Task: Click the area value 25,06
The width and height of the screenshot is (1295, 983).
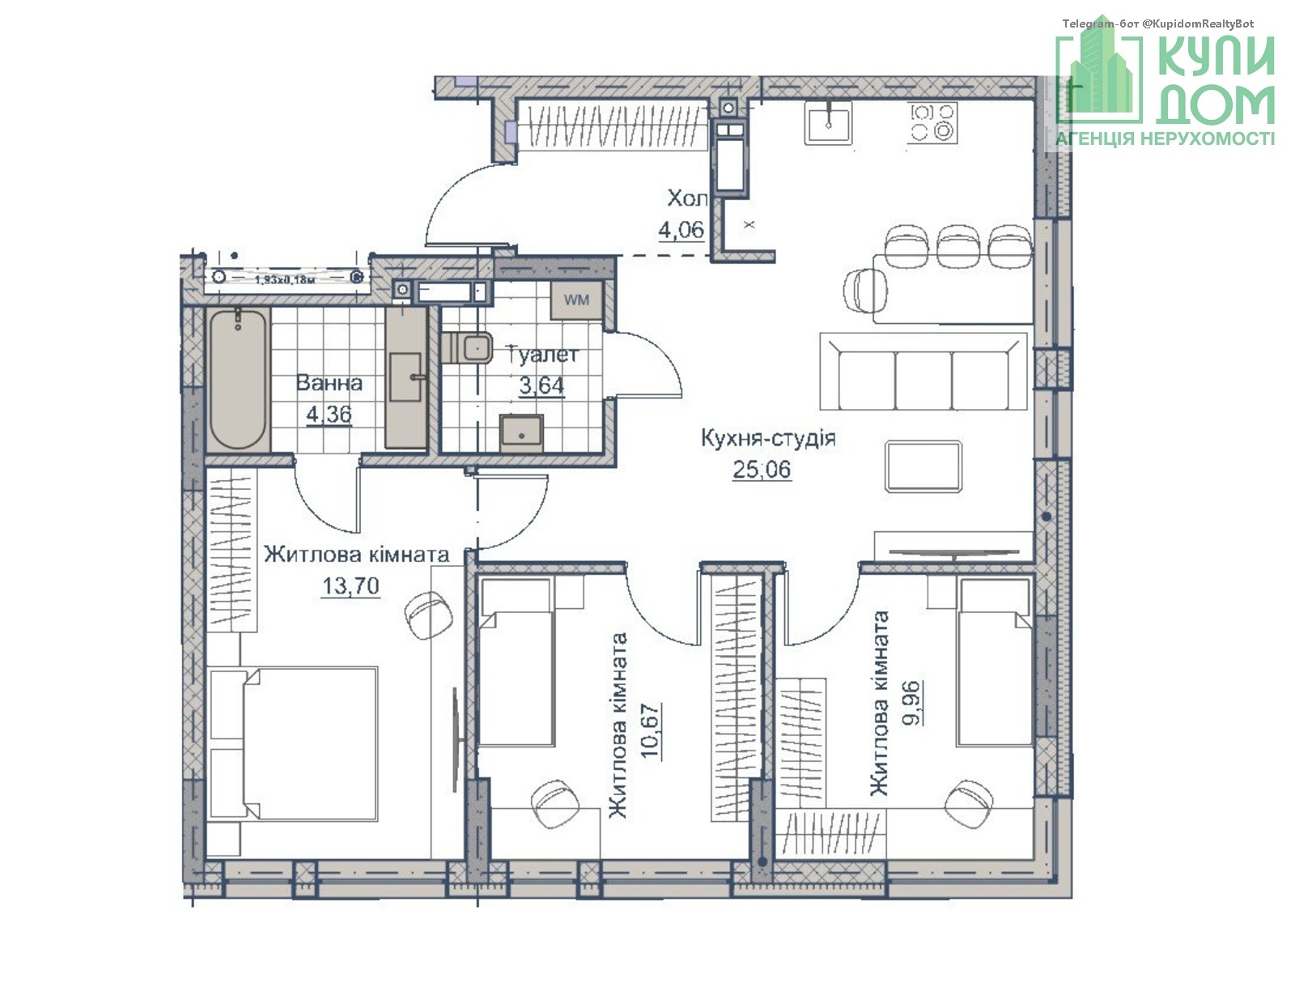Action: click(761, 470)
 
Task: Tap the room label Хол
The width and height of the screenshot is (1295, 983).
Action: click(687, 198)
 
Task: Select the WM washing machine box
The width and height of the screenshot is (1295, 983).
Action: click(576, 300)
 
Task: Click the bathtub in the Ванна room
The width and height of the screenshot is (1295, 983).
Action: click(238, 380)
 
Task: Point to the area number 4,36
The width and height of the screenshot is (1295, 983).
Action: click(329, 415)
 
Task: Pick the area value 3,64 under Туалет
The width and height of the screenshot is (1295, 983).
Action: click(541, 385)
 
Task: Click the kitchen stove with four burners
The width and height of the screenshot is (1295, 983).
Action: click(932, 123)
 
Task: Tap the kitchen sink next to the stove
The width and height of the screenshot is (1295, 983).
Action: click(828, 123)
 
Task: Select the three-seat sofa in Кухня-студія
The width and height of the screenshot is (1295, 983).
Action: click(923, 371)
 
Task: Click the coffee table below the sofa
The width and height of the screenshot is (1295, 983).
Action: click(923, 466)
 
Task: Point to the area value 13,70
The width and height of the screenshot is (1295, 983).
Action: click(350, 586)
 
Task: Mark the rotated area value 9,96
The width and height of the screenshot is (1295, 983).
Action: click(912, 702)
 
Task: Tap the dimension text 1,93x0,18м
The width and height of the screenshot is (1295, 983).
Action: click(285, 279)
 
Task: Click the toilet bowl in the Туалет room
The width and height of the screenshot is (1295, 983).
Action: click(467, 347)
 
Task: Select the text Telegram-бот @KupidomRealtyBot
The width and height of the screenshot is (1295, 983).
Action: click(1158, 23)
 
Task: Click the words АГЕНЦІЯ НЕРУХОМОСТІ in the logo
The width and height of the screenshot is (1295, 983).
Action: click(1165, 138)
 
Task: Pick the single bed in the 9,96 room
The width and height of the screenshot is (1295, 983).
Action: click(995, 662)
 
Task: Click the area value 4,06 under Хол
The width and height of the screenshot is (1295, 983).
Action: click(681, 229)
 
